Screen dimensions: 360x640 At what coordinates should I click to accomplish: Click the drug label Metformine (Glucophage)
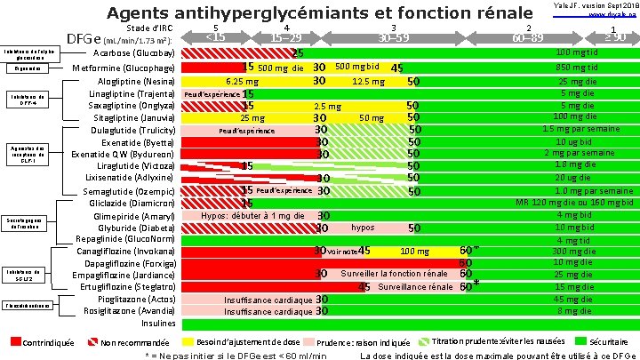[x=123, y=68]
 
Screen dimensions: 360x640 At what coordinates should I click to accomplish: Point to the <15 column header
[x=216, y=37]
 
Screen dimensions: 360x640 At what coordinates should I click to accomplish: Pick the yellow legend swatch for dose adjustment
[x=188, y=342]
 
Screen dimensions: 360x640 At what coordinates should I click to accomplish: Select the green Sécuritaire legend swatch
[x=582, y=342]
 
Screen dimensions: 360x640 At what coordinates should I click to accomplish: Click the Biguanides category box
[x=26, y=68]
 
